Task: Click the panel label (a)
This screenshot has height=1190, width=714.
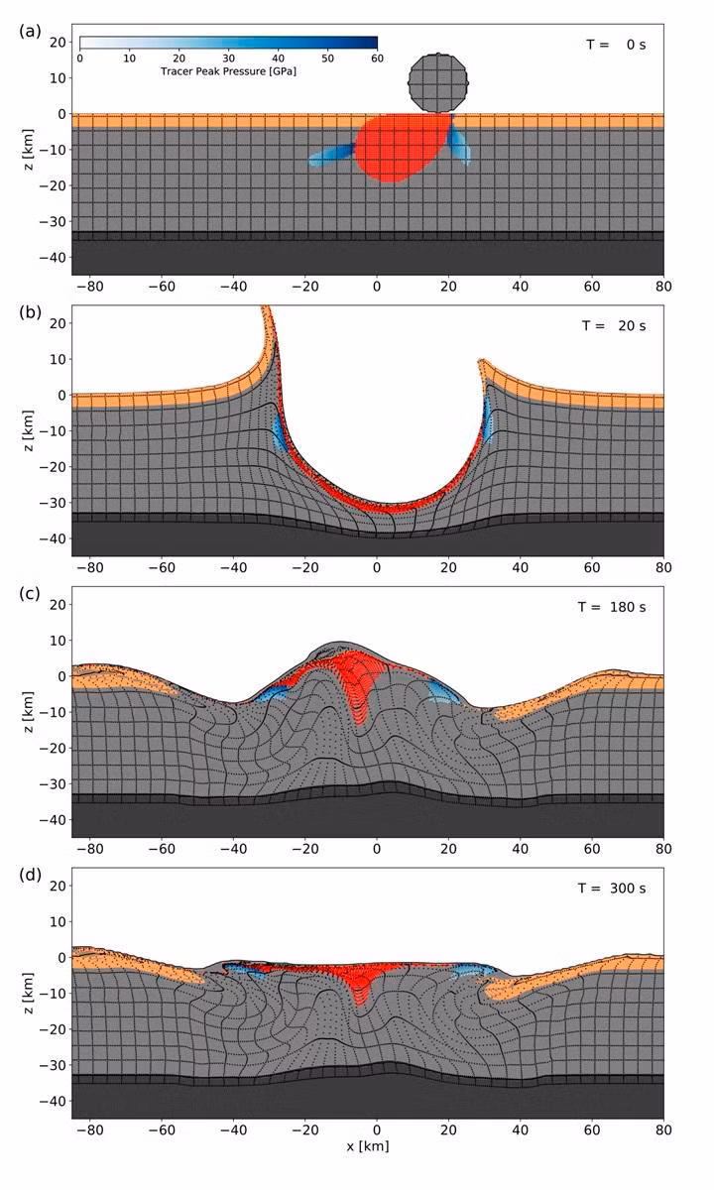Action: pyautogui.click(x=30, y=31)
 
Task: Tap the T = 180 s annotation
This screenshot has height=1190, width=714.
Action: pyautogui.click(x=613, y=608)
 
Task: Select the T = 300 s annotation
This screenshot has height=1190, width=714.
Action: pyautogui.click(x=613, y=889)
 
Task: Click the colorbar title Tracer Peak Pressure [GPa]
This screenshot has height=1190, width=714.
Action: pyautogui.click(x=228, y=72)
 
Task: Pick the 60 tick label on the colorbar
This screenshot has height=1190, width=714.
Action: pyautogui.click(x=377, y=59)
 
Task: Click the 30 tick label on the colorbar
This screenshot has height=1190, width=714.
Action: pyautogui.click(x=228, y=59)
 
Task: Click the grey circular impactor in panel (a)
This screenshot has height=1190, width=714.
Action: pyautogui.click(x=438, y=82)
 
